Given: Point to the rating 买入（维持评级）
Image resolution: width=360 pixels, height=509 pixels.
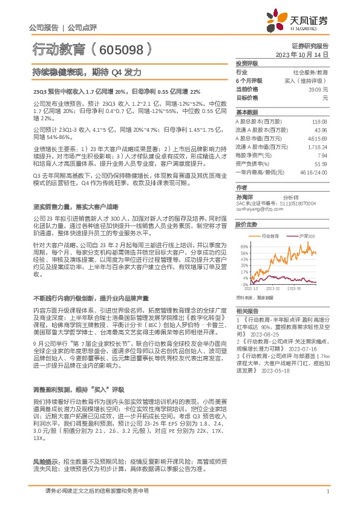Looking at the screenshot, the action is click(310, 80).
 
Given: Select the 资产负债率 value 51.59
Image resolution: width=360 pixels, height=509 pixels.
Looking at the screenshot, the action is click(320, 163).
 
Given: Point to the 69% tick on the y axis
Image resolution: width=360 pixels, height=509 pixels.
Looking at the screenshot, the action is click(243, 247).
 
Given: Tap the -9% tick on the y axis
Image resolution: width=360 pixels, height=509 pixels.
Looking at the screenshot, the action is click(243, 284).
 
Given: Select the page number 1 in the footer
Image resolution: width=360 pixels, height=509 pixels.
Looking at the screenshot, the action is click(327, 492).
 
